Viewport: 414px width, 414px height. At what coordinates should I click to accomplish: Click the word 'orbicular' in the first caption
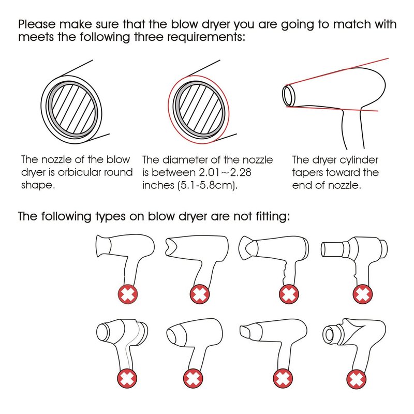coord(79,173)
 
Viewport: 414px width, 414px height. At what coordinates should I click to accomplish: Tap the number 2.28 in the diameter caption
coord(241,173)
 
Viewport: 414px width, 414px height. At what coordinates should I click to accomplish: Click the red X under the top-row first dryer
coord(128,294)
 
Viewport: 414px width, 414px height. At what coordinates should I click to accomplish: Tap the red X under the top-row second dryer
coord(200,294)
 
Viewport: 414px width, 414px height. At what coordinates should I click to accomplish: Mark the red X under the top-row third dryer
coord(289,294)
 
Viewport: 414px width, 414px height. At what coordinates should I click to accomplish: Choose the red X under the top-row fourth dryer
coord(363,294)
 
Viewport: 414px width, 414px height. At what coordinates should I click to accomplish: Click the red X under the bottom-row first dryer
coord(127,378)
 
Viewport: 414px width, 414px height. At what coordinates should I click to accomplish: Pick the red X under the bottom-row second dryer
coord(193,378)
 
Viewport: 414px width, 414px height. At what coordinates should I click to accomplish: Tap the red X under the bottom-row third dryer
coord(283,378)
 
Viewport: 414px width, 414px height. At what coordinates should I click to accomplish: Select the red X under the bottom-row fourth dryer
coord(357,379)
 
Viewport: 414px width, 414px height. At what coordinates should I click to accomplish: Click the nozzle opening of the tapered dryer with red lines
coord(287,95)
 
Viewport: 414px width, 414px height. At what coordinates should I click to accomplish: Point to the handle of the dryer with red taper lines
coord(353,129)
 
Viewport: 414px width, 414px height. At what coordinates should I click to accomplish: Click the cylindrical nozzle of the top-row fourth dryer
coord(332,249)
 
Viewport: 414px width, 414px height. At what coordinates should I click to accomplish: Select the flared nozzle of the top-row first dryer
coord(103,245)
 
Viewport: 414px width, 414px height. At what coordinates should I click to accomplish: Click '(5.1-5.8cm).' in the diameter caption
coord(190,185)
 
